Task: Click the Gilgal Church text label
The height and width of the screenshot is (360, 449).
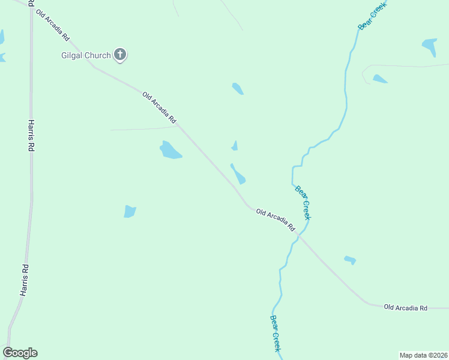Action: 86,56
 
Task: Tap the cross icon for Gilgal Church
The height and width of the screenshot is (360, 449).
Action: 120,55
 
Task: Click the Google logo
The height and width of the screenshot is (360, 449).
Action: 20,353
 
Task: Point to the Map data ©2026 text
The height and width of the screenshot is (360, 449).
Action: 423,355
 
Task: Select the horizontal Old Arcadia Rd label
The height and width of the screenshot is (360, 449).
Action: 406,308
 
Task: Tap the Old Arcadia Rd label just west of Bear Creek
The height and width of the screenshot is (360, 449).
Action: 276,220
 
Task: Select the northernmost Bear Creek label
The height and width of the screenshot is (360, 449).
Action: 372,15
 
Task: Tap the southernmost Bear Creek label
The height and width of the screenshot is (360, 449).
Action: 276,333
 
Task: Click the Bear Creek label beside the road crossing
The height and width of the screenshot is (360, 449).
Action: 303,202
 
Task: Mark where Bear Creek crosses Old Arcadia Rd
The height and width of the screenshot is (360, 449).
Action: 298,235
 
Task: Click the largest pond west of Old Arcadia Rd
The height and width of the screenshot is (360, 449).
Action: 170,150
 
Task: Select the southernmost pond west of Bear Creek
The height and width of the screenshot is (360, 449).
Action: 130,211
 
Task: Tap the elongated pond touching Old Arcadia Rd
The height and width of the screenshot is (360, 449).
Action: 238,175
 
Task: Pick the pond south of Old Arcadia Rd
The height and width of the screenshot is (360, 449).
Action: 350,260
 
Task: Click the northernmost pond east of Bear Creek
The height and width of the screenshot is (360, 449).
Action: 430,46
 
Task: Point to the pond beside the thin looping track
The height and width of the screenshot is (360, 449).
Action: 379,79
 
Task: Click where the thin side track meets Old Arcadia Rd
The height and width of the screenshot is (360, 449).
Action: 178,126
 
